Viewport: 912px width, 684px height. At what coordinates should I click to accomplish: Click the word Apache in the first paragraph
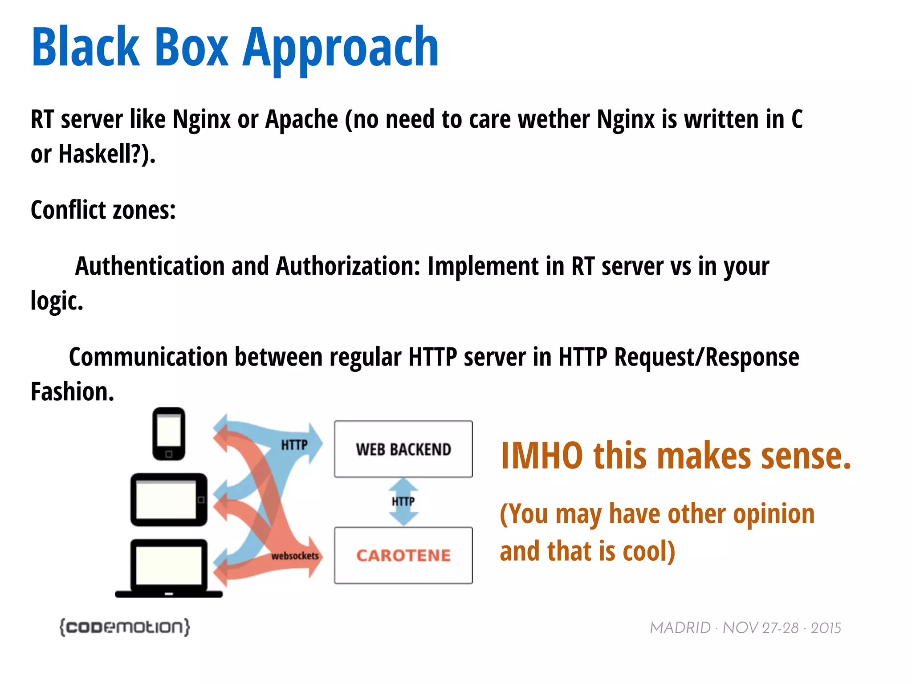pos(301,119)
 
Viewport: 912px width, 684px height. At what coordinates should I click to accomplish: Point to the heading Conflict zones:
pos(103,210)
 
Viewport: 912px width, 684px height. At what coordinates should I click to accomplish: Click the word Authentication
pos(150,266)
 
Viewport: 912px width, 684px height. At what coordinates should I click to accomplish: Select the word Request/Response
pos(707,357)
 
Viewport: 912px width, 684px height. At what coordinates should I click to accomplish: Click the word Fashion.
pos(73,392)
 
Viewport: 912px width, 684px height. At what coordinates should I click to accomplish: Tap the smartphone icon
pos(169,433)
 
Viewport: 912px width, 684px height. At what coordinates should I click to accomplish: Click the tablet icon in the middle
pos(169,500)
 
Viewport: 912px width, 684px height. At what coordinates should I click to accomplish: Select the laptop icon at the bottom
pos(169,569)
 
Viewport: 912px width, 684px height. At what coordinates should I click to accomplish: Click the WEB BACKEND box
pos(403,449)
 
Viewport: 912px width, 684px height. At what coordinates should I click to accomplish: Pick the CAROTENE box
pos(403,555)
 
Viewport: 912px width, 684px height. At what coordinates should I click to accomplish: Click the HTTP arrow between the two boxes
pos(403,502)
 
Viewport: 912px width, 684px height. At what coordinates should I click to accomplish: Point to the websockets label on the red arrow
pos(295,556)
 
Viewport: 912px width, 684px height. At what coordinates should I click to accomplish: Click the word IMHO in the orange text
pos(542,456)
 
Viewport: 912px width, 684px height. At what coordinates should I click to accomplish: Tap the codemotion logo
pos(125,627)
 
